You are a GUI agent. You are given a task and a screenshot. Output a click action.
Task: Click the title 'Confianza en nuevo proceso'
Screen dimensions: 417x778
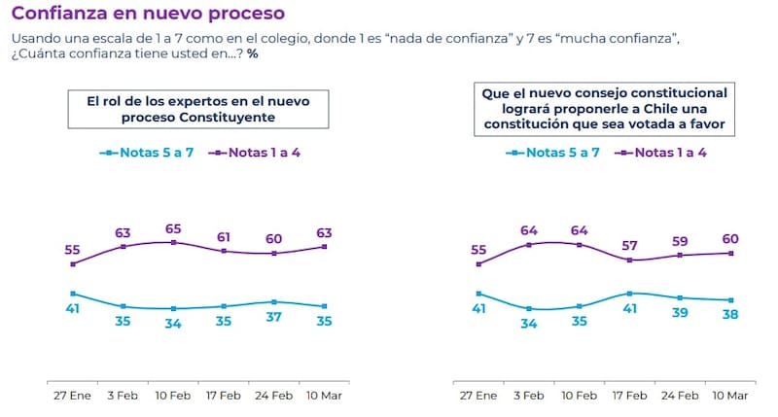point(148,14)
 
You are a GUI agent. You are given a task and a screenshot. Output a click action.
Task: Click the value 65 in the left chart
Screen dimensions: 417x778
point(173,228)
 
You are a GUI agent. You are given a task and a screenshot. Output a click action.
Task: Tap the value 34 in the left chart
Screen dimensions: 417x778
point(173,323)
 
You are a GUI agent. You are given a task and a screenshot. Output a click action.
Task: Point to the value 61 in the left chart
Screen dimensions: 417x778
point(224,236)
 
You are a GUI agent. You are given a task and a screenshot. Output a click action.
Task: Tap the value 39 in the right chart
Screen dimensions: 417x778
point(680,313)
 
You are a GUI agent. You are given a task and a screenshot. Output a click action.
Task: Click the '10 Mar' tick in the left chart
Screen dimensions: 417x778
point(324,396)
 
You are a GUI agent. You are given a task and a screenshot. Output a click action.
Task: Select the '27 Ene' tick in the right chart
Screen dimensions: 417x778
point(477,396)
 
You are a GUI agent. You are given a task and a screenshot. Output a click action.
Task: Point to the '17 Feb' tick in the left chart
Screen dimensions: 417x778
point(224,396)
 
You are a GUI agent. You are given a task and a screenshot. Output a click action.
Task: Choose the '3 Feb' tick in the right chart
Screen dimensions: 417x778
point(528,396)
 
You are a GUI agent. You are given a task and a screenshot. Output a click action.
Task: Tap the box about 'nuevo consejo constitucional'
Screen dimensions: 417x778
point(604,108)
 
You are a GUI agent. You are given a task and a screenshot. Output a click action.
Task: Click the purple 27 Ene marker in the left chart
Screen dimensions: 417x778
point(73,263)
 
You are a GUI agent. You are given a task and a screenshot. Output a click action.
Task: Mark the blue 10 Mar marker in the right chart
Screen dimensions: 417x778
point(730,300)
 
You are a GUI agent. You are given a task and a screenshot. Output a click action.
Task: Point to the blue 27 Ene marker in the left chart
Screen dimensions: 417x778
point(73,293)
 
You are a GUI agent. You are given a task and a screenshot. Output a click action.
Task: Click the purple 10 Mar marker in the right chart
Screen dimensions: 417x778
point(730,253)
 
